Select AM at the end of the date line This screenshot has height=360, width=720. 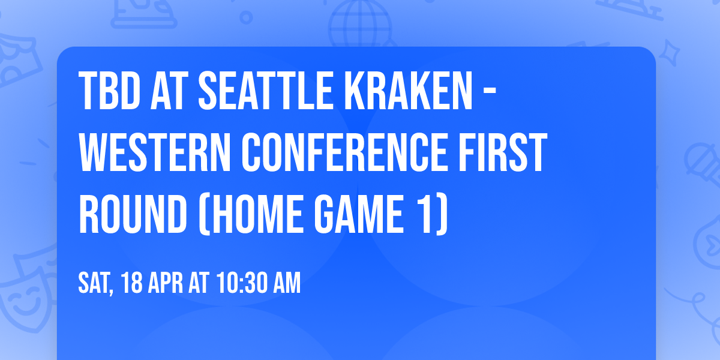[x=287, y=284]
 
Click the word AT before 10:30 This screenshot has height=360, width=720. [x=201, y=284]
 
